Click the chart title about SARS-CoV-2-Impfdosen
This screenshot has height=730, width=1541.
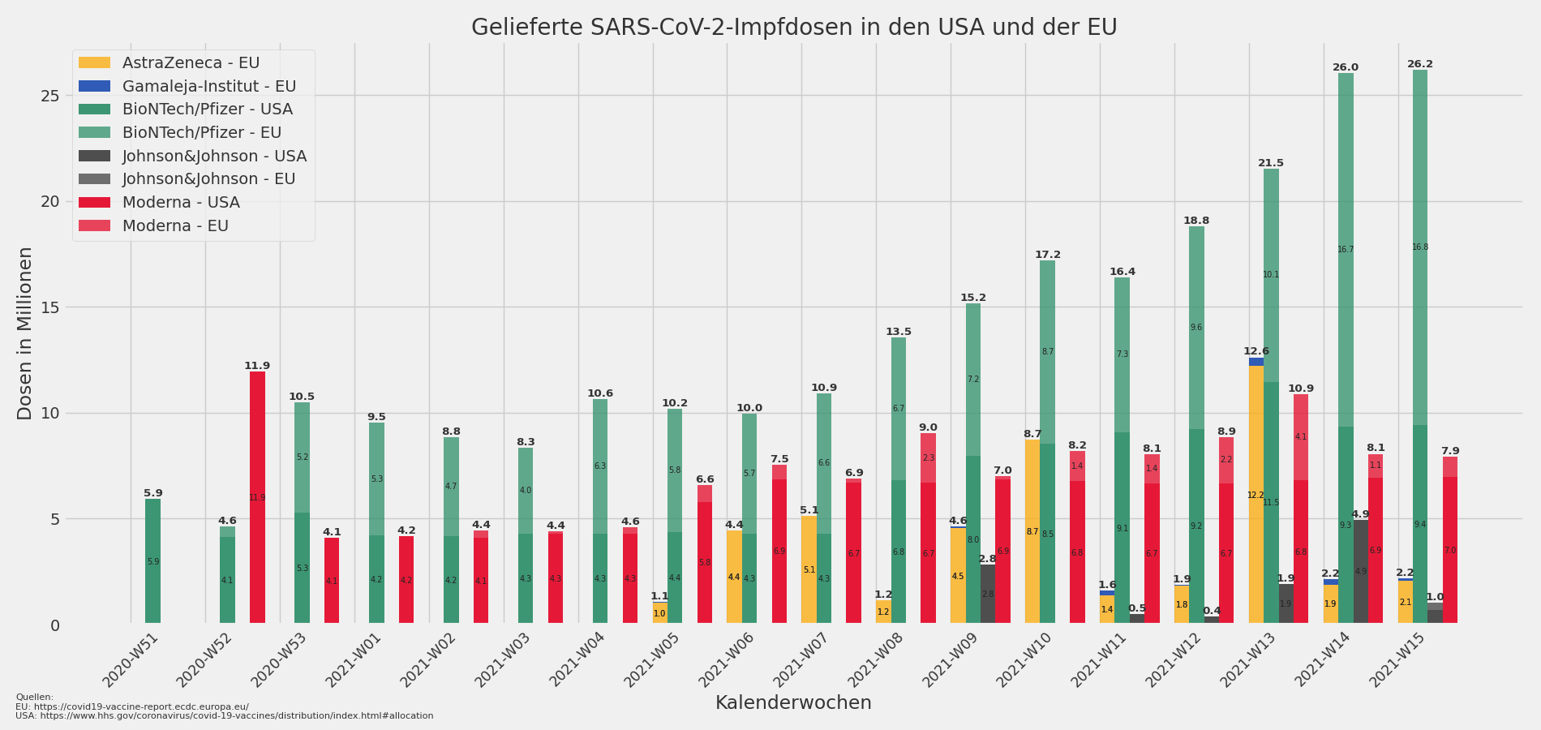[x=793, y=28]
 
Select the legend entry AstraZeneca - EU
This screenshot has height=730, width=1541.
[x=191, y=63]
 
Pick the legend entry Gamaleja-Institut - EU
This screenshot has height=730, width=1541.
[x=208, y=87]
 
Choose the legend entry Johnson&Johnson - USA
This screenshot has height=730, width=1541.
[x=214, y=157]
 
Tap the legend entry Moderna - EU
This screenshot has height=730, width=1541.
[x=175, y=226]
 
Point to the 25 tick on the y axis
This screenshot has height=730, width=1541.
[x=50, y=96]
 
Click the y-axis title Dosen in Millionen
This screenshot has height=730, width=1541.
[x=25, y=333]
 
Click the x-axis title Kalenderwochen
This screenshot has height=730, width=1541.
[x=793, y=703]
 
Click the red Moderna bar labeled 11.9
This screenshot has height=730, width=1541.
[x=257, y=497]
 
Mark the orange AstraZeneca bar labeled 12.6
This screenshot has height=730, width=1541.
[x=1256, y=495]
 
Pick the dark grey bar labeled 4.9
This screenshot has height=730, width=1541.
[x=1360, y=572]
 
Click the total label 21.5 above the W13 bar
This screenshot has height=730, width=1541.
[x=1271, y=163]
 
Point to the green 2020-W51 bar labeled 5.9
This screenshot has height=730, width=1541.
[x=152, y=561]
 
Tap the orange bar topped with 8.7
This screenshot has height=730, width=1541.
[x=1032, y=531]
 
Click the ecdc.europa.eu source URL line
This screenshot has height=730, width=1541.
[x=132, y=706]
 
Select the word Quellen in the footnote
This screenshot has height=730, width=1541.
[x=34, y=697]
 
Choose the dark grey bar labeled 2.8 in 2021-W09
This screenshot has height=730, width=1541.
[x=988, y=594]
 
